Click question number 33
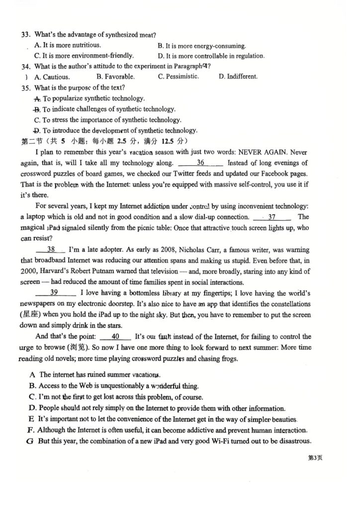(26, 35)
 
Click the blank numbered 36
(200, 163)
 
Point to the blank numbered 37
(271, 217)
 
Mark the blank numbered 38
(51, 250)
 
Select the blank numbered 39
(55, 292)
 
